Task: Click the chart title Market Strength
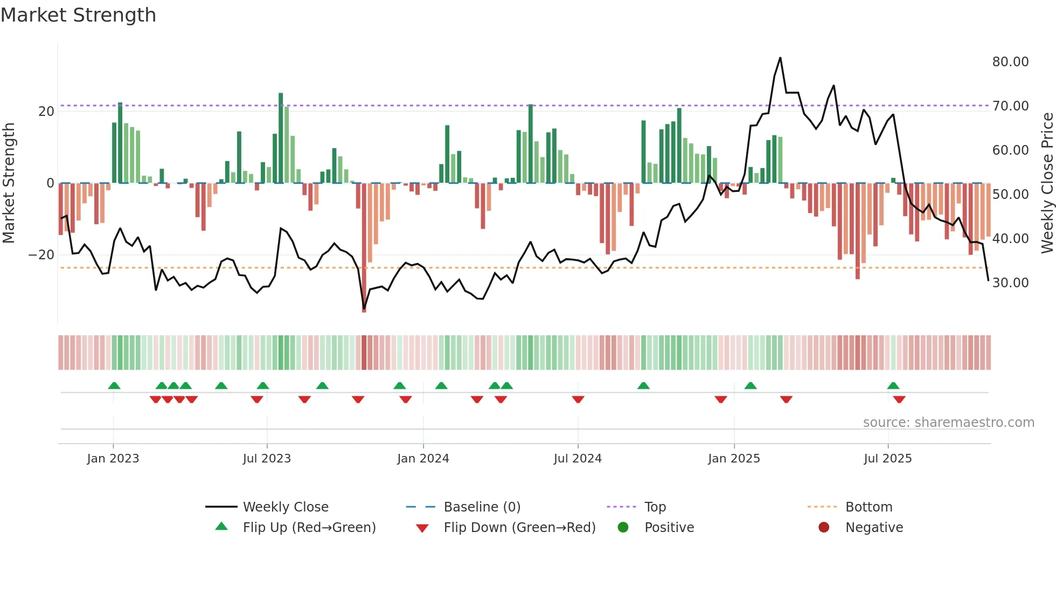coord(78,15)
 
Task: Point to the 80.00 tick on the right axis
coord(1010,62)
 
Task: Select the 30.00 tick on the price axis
coord(1010,283)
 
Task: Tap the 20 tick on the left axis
coord(46,112)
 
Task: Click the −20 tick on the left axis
coord(41,255)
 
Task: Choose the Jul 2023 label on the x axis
coord(267,459)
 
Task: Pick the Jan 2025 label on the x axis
coord(734,459)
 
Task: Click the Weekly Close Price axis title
coord(1047,183)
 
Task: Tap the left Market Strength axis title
coord(9,183)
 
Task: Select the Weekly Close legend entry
coord(286,507)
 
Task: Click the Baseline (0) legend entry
coord(482,507)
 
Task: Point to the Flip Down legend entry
coord(519,528)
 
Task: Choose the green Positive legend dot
coord(623,528)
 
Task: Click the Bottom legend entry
coord(869,507)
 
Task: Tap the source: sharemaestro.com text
coord(948,423)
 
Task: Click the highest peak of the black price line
coord(780,58)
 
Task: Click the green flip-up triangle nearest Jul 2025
coord(893,386)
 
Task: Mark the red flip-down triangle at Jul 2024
coord(578,399)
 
